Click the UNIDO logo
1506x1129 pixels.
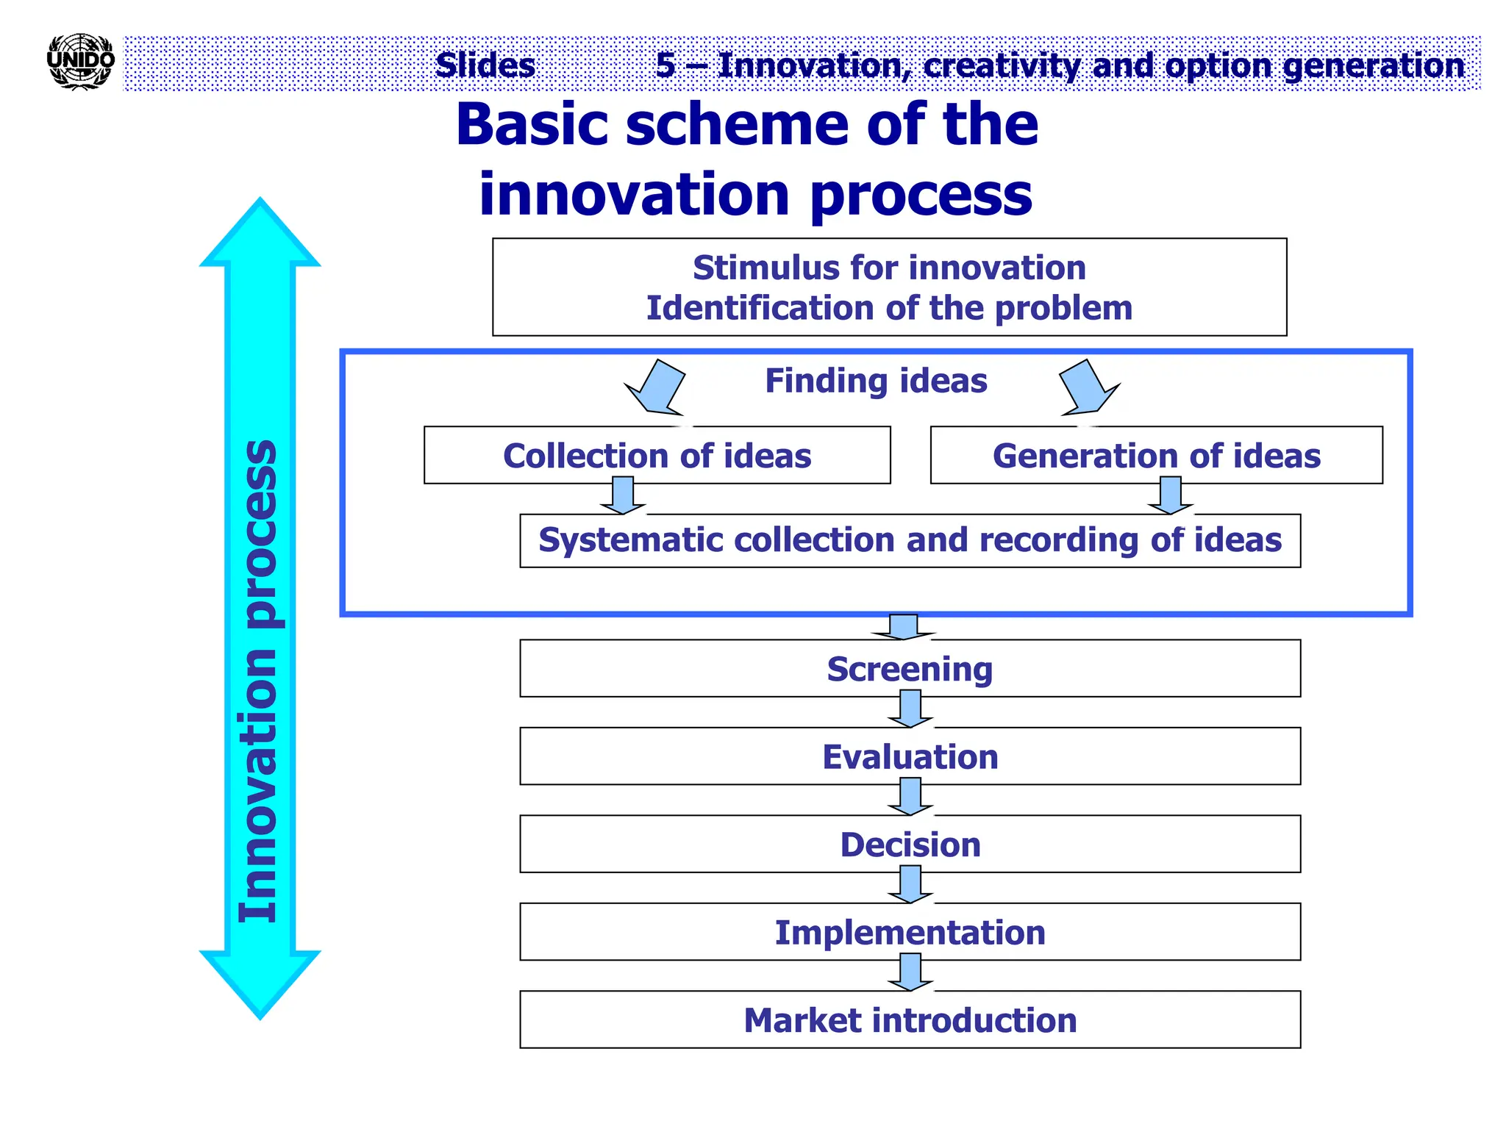pyautogui.click(x=80, y=62)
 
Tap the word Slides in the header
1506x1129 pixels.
pyautogui.click(x=485, y=65)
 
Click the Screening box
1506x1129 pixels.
pyautogui.click(x=910, y=669)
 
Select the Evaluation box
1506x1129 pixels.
pyautogui.click(x=910, y=757)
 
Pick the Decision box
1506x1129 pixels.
pyautogui.click(x=910, y=845)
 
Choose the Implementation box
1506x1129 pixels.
pyautogui.click(x=910, y=933)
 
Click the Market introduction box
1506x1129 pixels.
pyautogui.click(x=910, y=1020)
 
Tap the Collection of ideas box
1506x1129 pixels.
pyautogui.click(x=657, y=456)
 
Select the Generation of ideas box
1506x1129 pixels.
pyautogui.click(x=1156, y=456)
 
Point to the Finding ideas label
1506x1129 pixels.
pyautogui.click(x=876, y=381)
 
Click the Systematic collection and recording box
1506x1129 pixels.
pyautogui.click(x=910, y=540)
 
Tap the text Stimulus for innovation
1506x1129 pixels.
pyautogui.click(x=889, y=268)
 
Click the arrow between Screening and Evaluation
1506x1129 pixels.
pyautogui.click(x=910, y=709)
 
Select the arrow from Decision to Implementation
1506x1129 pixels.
pyautogui.click(x=910, y=884)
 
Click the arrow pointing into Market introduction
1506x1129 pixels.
pyautogui.click(x=910, y=972)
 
